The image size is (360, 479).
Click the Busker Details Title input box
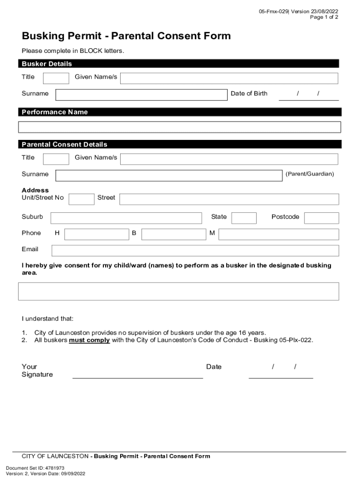click(56, 78)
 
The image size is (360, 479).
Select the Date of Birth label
click(249, 94)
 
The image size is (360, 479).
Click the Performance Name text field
click(180, 127)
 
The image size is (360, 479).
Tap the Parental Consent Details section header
click(65, 145)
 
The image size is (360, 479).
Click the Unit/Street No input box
click(81, 199)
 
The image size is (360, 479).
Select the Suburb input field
click(126, 218)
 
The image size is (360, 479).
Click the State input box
click(244, 218)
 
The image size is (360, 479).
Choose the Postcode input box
click(322, 218)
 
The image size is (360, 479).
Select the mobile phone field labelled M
click(279, 234)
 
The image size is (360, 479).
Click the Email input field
click(195, 250)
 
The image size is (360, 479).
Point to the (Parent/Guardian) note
click(310, 174)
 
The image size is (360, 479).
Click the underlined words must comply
click(89, 341)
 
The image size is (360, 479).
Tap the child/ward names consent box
click(179, 291)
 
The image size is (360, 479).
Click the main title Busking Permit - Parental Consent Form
click(126, 36)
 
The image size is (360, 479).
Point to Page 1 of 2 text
click(324, 17)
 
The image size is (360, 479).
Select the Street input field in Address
click(229, 199)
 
